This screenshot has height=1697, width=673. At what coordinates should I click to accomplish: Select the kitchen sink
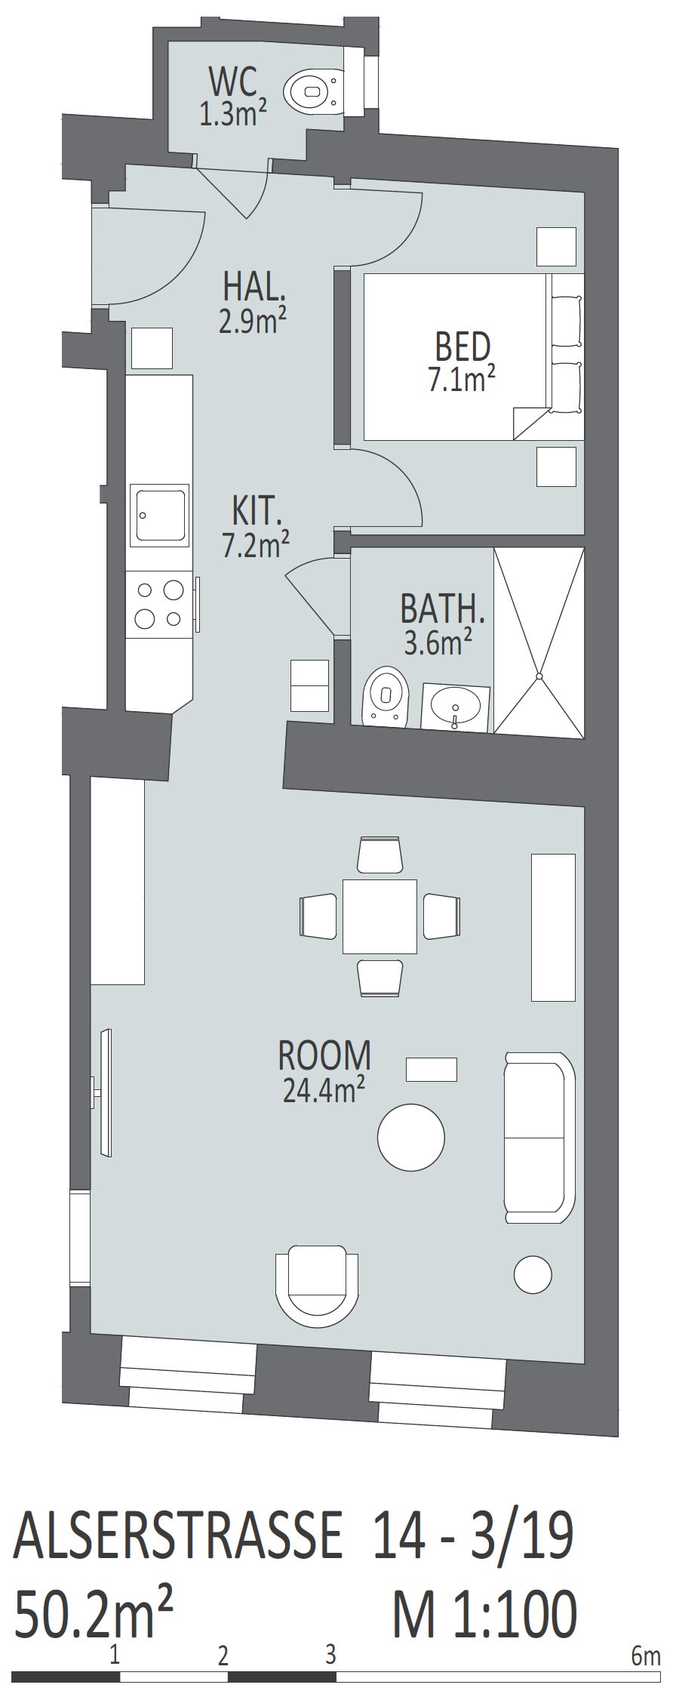160,516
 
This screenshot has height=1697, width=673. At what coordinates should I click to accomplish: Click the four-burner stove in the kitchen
160,605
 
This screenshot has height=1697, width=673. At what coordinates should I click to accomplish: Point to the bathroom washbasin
456,707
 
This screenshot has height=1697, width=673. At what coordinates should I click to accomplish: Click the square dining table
380,916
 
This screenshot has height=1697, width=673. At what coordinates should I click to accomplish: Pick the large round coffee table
410,1138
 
